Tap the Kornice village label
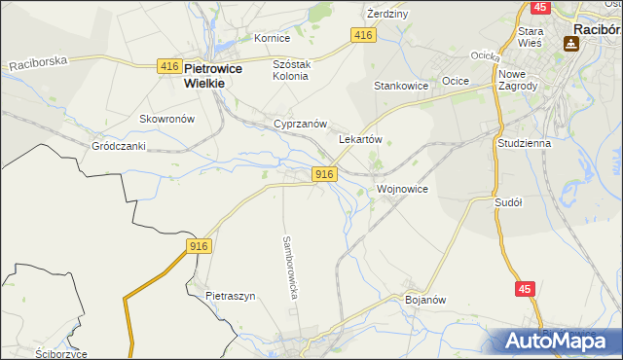click(x=273, y=38)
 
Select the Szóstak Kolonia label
click(x=290, y=69)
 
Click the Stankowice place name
click(x=401, y=86)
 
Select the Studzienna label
click(x=524, y=142)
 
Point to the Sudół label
click(x=509, y=202)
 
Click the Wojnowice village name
click(x=402, y=188)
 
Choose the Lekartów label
click(x=359, y=139)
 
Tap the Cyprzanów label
click(x=299, y=126)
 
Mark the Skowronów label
click(x=167, y=119)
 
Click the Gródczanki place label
click(x=119, y=146)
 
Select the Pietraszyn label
click(x=230, y=295)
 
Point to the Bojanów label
click(x=424, y=300)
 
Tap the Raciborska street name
click(x=38, y=62)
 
